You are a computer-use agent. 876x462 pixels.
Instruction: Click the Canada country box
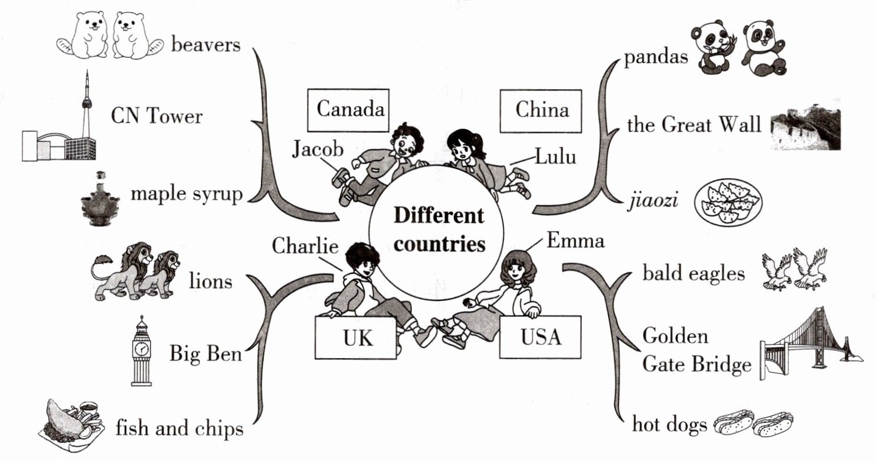(x=350, y=109)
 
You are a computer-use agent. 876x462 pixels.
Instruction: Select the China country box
(x=541, y=109)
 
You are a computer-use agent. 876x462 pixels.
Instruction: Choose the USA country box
(x=540, y=338)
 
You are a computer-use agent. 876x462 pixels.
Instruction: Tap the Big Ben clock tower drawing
(x=142, y=352)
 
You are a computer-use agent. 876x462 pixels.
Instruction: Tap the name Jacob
(x=318, y=150)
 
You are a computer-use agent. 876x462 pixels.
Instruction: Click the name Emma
(x=576, y=241)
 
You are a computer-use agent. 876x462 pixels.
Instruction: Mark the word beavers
(x=206, y=45)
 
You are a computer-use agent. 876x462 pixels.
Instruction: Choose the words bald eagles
(x=693, y=274)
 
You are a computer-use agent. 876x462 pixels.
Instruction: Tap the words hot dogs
(x=669, y=425)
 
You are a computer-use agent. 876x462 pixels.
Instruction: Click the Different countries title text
(x=438, y=230)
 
